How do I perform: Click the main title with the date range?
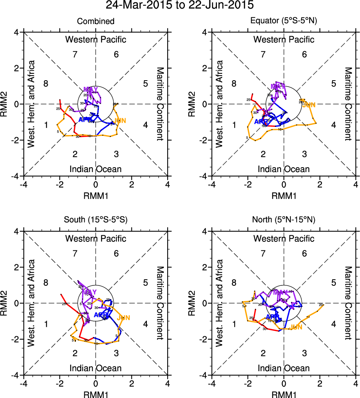(x=180, y=5)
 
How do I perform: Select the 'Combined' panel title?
(x=96, y=21)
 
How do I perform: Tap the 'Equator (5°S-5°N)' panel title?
(x=284, y=21)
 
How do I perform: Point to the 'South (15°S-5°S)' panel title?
(x=96, y=220)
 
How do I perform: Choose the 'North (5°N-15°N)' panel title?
(x=284, y=220)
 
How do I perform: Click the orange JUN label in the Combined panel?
(x=120, y=120)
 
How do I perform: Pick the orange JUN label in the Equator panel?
(x=309, y=105)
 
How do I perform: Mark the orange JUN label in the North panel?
(x=296, y=327)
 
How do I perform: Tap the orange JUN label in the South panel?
(x=124, y=318)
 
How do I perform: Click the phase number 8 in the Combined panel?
(x=46, y=84)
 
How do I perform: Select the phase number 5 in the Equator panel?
(x=334, y=84)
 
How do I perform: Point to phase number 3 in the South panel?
(x=116, y=353)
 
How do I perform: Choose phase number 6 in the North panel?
(x=304, y=253)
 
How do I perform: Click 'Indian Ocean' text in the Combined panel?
(x=96, y=169)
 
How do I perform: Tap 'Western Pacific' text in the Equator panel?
(x=284, y=39)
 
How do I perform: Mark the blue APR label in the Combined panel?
(x=83, y=120)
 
